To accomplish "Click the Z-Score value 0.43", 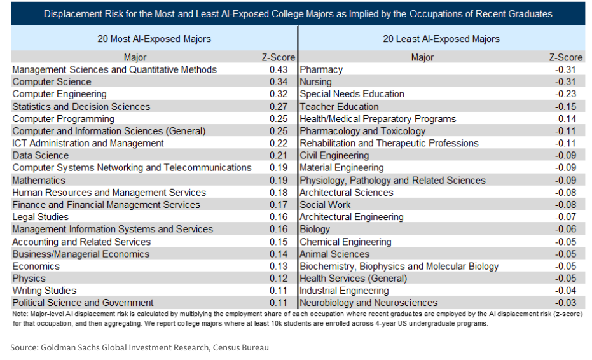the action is [x=279, y=70].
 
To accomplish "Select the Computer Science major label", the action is [x=52, y=82].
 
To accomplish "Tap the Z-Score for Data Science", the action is [x=279, y=156].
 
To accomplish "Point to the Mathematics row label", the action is [x=39, y=181].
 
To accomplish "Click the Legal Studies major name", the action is [x=41, y=218].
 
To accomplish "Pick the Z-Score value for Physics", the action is [x=279, y=279].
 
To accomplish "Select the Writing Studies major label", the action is [x=44, y=291].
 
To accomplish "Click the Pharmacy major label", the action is [x=321, y=70].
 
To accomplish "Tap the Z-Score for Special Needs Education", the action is [x=565, y=94].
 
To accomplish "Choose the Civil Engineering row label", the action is [x=334, y=156].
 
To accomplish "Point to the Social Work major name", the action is [x=325, y=205].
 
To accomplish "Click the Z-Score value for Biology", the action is [x=565, y=230].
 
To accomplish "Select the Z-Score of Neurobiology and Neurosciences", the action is [x=565, y=303].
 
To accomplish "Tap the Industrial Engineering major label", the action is [x=345, y=291].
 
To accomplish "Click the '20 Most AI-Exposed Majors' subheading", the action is [x=154, y=39].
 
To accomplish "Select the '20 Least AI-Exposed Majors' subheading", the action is [x=441, y=39].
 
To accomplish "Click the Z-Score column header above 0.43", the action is [x=279, y=57].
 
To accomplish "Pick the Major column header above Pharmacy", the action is [x=422, y=57].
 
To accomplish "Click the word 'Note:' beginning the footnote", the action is [x=20, y=314].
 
